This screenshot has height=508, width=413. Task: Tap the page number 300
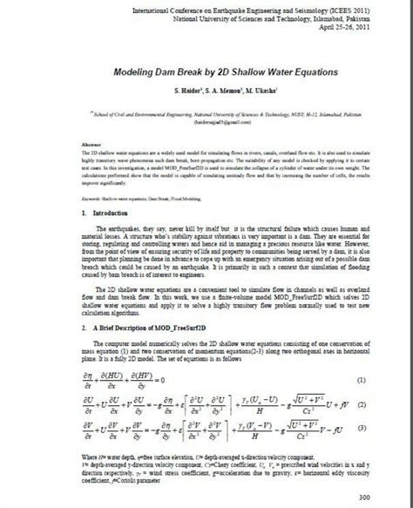point(389,497)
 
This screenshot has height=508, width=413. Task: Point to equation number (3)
point(384,441)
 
